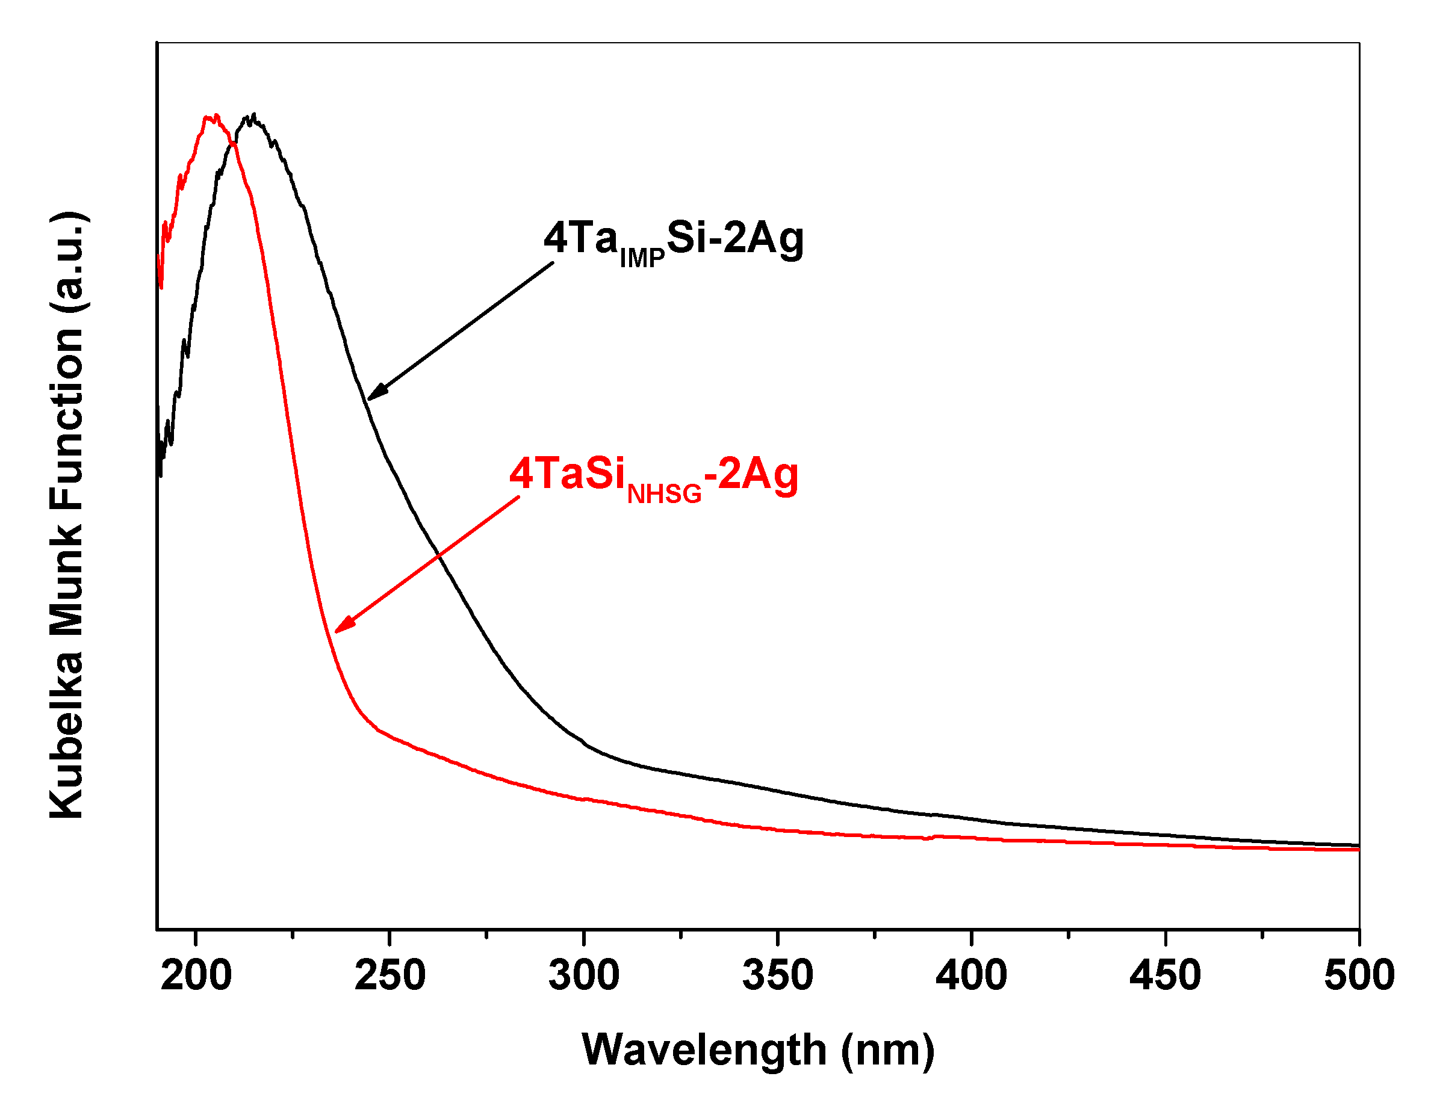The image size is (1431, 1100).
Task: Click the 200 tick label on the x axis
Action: pos(196,975)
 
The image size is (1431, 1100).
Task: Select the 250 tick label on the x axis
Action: pos(390,975)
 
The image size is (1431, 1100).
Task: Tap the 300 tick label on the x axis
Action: pos(583,975)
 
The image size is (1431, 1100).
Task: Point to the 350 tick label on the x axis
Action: pos(777,975)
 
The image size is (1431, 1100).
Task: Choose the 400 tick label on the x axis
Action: pos(971,975)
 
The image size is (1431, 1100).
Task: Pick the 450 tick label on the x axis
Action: pos(1165,975)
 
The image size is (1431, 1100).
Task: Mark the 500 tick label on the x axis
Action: pos(1359,975)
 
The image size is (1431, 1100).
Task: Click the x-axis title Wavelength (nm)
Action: pos(758,1051)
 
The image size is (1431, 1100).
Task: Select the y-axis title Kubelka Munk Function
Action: pos(67,515)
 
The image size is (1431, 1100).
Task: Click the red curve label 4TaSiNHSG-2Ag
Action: pos(654,477)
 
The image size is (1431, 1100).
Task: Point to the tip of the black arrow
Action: pos(368,399)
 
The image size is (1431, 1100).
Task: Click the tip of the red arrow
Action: pos(336,632)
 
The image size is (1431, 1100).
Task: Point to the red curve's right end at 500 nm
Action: pos(1358,849)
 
